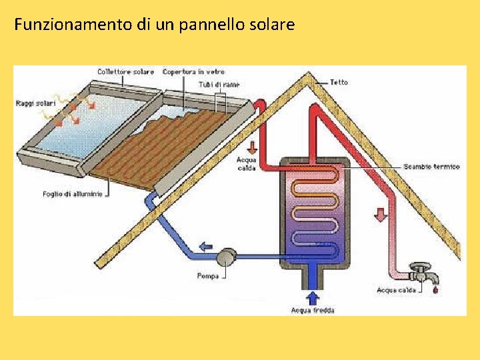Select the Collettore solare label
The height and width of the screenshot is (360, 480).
[125, 71]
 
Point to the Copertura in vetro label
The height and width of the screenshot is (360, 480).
[193, 71]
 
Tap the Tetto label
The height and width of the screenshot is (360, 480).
[339, 82]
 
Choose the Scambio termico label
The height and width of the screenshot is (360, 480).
[431, 166]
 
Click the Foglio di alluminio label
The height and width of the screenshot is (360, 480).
[73, 194]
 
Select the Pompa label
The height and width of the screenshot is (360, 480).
[208, 276]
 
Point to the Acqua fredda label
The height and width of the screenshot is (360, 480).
[313, 310]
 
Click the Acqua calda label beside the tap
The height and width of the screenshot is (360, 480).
[396, 290]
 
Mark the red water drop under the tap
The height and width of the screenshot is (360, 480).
[436, 289]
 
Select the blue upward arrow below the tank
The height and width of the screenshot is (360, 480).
[313, 297]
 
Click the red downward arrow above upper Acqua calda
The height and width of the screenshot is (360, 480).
[251, 147]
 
